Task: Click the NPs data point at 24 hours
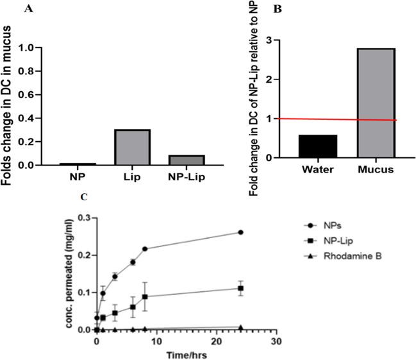[241, 232]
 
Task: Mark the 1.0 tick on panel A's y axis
[24, 47]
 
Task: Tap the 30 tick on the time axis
[276, 342]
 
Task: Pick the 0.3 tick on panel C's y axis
[84, 218]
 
